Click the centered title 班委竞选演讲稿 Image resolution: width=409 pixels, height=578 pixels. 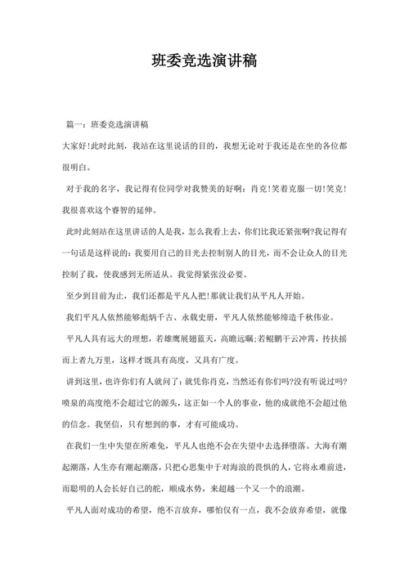[204, 62]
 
